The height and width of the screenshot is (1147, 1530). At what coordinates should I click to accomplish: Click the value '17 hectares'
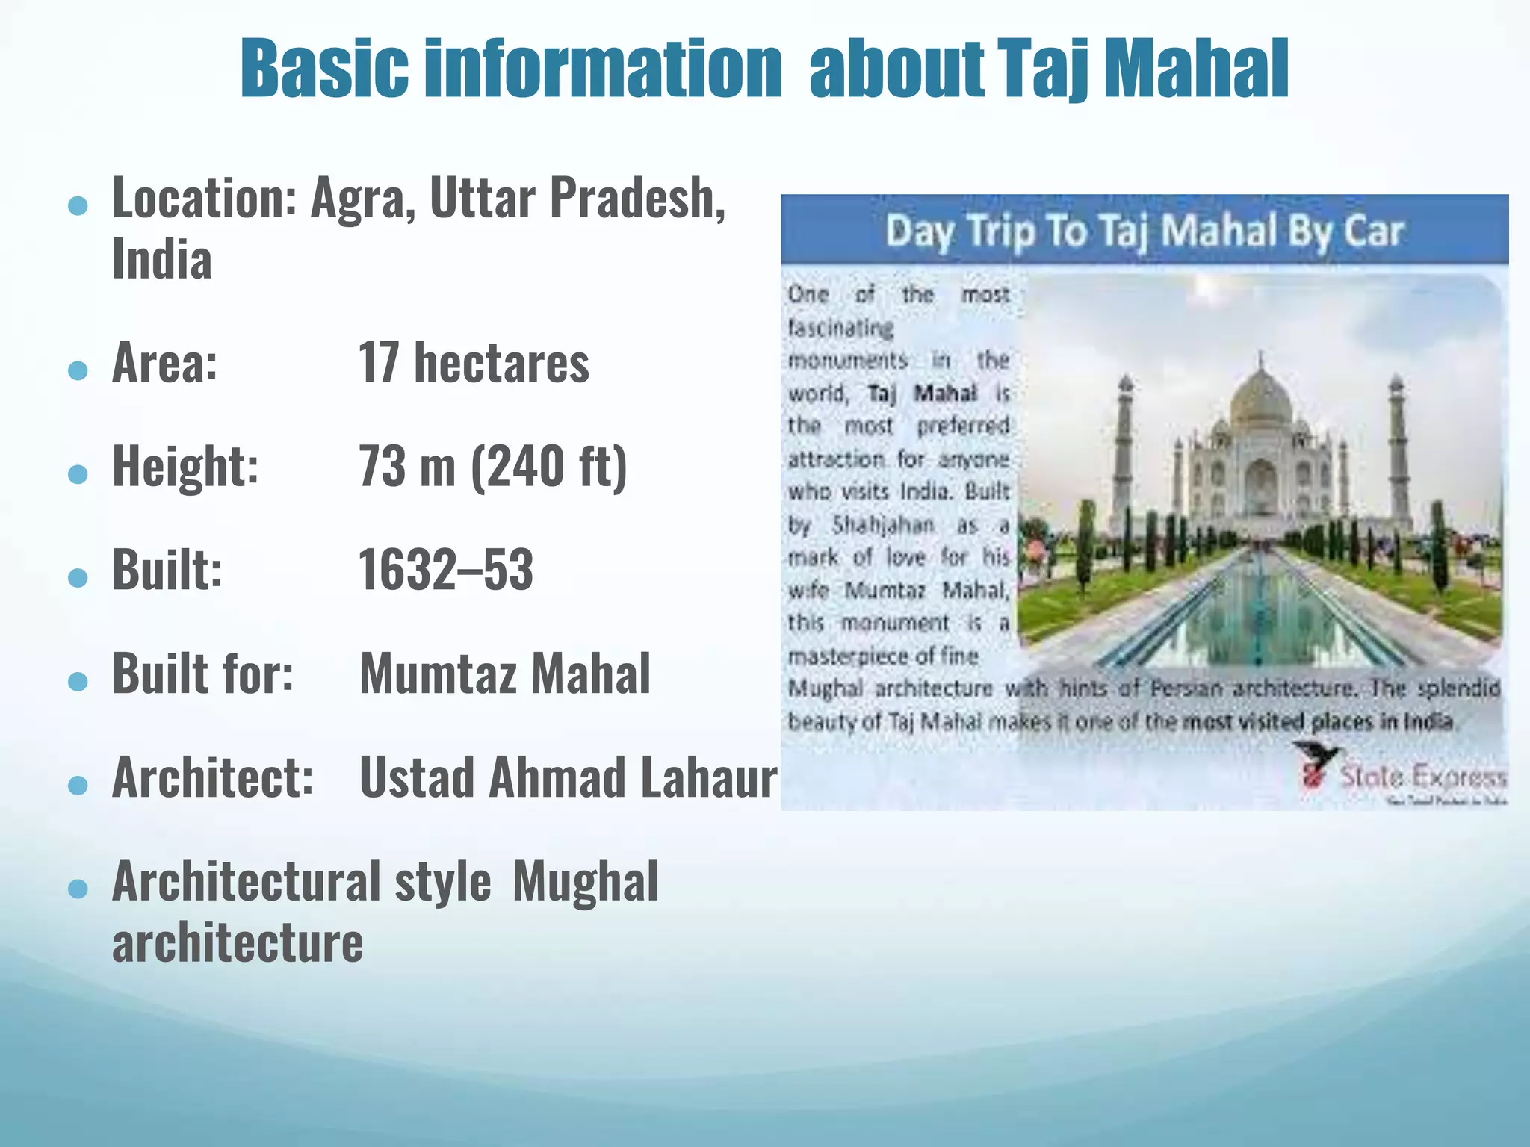[x=474, y=364]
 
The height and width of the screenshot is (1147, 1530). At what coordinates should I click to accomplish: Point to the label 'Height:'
[x=186, y=467]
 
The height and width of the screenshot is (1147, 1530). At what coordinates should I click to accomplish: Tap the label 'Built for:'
[x=202, y=674]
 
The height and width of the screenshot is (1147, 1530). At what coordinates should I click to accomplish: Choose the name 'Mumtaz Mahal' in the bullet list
[x=505, y=674]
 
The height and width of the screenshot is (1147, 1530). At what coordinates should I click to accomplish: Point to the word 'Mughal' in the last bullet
[x=585, y=882]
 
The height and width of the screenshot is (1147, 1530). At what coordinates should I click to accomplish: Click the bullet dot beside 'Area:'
[x=78, y=370]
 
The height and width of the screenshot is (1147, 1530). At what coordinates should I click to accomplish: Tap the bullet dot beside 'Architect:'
[x=78, y=785]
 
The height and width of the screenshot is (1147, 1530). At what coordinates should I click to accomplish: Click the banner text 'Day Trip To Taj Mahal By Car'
[x=1145, y=231]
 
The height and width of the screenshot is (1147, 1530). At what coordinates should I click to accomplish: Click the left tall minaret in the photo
[x=1124, y=448]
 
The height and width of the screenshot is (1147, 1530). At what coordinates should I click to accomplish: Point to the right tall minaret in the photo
[x=1396, y=448]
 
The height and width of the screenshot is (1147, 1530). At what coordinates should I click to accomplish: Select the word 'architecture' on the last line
[x=238, y=942]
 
